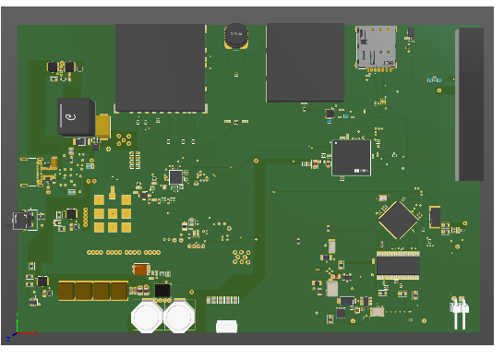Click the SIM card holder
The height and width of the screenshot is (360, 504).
coord(376,46)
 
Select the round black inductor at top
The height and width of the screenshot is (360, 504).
coord(237,37)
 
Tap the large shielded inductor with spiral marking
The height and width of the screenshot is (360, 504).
coord(75,116)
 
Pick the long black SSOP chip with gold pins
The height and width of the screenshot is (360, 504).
coord(398,266)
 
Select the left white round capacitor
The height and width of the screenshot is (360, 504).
coord(148,317)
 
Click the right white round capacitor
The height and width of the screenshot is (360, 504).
coord(179,317)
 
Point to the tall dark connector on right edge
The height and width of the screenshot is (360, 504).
coord(470,103)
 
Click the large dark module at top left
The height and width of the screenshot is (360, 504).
coord(160,67)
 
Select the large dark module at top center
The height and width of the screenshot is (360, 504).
coord(305,62)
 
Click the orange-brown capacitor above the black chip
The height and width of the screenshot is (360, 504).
coord(141,270)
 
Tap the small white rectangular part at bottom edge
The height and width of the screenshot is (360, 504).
coord(226,326)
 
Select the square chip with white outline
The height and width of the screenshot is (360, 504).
coord(351,157)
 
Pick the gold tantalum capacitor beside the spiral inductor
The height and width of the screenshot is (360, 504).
coord(102,126)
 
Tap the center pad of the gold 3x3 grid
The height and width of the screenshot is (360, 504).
coord(113,213)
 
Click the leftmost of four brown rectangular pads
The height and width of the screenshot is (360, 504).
coord(66,291)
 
